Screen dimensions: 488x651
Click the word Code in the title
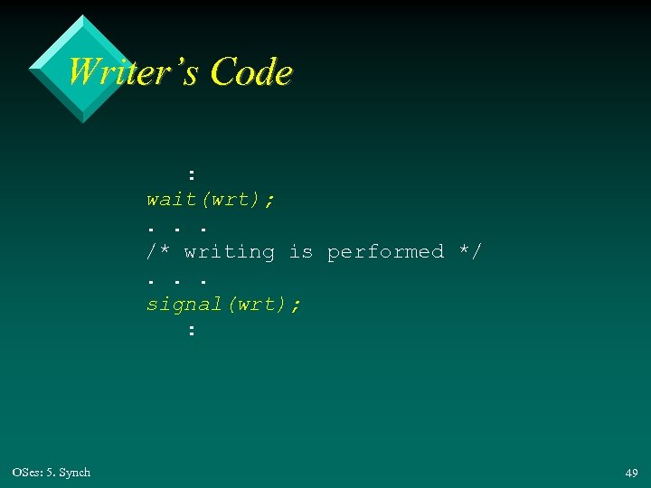[251, 71]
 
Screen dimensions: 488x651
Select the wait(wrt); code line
[212, 199]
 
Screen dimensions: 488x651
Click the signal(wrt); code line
[224, 304]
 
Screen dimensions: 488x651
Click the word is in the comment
[300, 252]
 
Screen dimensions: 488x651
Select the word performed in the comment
[385, 252]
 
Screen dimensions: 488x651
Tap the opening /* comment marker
[159, 252]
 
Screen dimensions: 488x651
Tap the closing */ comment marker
[470, 252]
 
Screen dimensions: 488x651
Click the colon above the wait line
[191, 173]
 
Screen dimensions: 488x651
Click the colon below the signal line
[191, 330]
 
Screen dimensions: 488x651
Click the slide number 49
[631, 473]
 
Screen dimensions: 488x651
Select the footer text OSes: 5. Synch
[52, 473]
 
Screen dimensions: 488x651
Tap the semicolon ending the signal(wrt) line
[297, 305]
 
